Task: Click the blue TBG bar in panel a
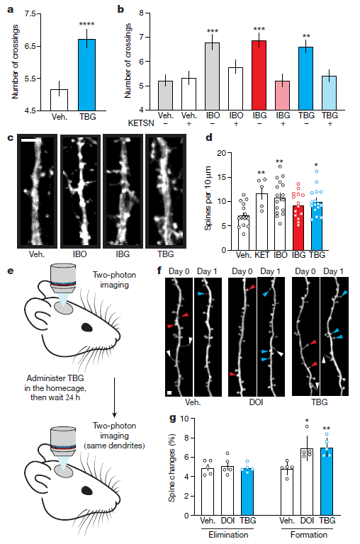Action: (86, 75)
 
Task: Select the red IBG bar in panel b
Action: (259, 75)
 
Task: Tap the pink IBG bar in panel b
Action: (283, 96)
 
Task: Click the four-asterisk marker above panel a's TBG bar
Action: (86, 24)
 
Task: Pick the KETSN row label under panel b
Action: (141, 123)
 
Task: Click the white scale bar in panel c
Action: (31, 140)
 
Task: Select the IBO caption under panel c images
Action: (80, 254)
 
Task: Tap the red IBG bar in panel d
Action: (298, 227)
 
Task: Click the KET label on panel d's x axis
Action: (262, 255)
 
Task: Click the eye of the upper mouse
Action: (86, 327)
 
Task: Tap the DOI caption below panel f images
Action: (256, 402)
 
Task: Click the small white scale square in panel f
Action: (169, 392)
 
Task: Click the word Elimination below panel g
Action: (228, 535)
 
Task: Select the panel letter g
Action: (172, 419)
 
